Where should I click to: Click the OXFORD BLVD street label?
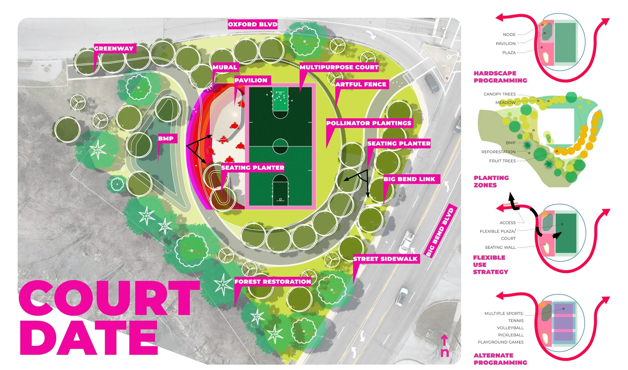point(252,24)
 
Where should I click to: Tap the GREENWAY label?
point(114,49)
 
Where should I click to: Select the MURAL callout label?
point(225,67)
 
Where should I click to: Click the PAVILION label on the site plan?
point(251,80)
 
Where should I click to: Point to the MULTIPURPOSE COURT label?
point(339,67)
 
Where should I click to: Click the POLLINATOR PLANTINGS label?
point(369,123)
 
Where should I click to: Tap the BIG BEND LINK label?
point(409,179)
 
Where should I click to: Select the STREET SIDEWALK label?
point(385,259)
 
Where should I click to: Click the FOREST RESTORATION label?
point(273,282)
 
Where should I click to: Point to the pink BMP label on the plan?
point(166,138)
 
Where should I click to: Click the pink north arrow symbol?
point(444,345)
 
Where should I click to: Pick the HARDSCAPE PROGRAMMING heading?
point(500,77)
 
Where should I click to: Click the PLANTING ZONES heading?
point(491,181)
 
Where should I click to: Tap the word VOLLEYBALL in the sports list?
point(510,328)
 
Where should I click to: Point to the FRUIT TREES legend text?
point(502,161)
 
